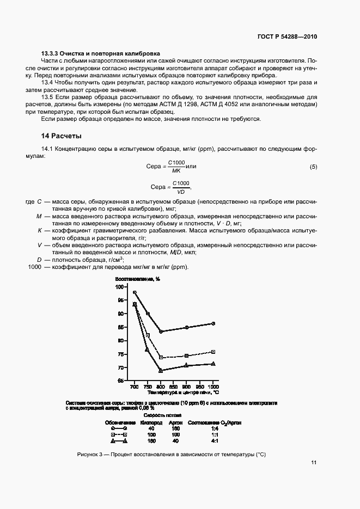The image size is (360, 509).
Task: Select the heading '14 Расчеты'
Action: point(62,136)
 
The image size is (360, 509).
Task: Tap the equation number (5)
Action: point(313,166)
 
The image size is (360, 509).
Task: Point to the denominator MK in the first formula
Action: point(175,170)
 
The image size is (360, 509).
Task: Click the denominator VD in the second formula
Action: point(180,191)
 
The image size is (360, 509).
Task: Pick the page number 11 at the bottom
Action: point(314,462)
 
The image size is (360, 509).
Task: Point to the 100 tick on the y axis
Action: point(120,287)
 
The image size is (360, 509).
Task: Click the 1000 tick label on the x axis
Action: point(213,385)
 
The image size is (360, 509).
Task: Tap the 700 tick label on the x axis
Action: point(134,385)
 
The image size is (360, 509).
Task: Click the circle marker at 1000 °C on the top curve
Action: point(213,323)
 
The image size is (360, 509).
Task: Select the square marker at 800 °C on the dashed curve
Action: point(161,358)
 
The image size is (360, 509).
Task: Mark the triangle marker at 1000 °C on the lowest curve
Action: point(213,364)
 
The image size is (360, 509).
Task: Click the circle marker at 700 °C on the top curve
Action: point(135,293)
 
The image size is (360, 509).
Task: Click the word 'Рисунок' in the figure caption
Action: point(90,454)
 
